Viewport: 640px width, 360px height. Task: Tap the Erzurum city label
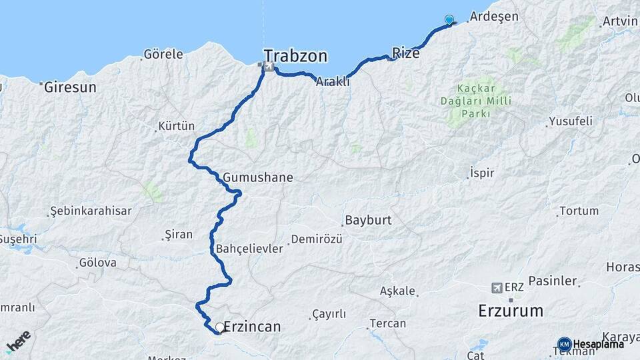(511, 311)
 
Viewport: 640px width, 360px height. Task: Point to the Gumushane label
(258, 178)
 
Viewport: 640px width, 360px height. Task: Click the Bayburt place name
(367, 220)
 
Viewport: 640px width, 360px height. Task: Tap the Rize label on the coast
(406, 53)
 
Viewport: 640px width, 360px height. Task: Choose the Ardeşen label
(494, 17)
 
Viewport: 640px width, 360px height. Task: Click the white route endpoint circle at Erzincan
(220, 327)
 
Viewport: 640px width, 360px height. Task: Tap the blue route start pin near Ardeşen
(449, 20)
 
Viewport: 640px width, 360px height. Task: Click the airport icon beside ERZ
(496, 287)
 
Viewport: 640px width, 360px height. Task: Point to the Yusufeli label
(570, 121)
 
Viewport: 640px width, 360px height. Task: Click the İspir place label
(482, 173)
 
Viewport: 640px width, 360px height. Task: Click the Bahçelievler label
(249, 249)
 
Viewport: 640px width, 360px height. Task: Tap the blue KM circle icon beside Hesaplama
(564, 344)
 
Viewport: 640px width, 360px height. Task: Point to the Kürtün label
(177, 125)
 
